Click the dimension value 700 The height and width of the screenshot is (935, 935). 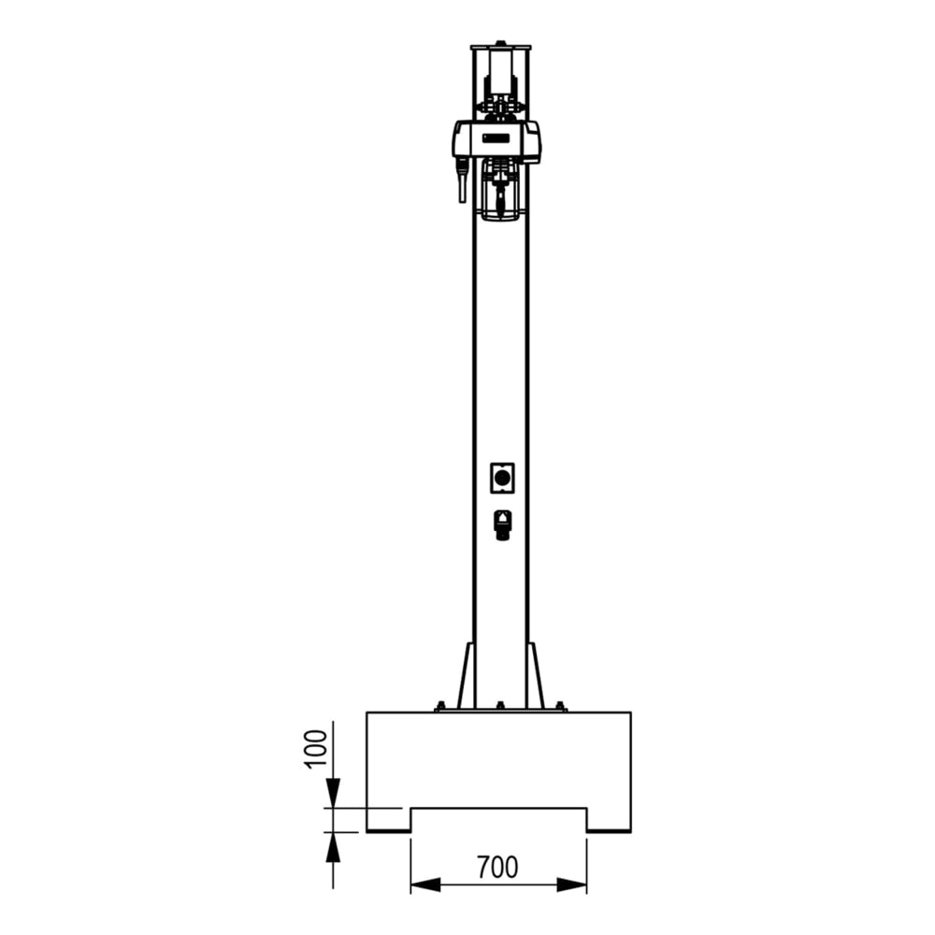point(497,868)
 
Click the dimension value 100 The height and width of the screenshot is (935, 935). point(318,747)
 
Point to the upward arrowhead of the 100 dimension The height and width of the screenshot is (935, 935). point(334,847)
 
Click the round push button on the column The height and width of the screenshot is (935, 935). point(503,478)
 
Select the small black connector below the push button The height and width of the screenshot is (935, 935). point(503,524)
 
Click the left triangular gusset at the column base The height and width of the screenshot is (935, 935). point(465,677)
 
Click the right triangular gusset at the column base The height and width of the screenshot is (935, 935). point(535,677)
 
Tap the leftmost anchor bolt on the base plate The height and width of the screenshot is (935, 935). point(439,706)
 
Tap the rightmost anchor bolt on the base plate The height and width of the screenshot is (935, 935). point(561,706)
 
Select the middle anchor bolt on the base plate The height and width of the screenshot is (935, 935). point(500,706)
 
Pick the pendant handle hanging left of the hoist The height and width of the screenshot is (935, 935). point(461,183)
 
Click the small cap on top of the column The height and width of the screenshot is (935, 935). point(501,42)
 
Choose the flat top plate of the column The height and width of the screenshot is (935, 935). point(500,48)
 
